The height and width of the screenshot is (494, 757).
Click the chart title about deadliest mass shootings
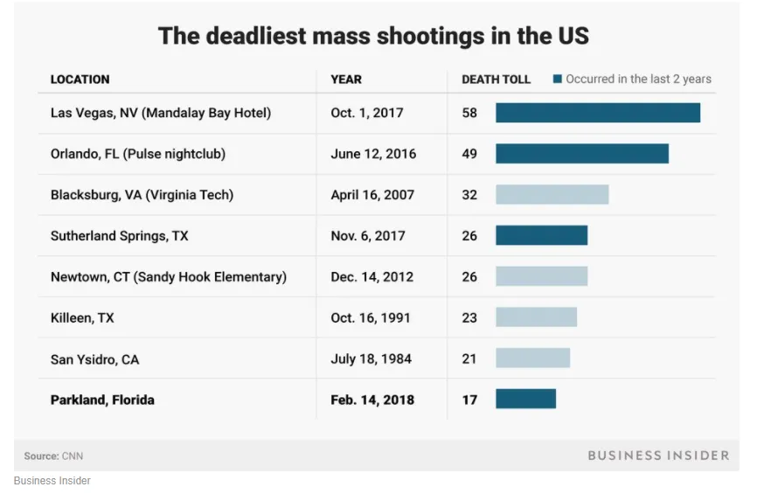point(373,36)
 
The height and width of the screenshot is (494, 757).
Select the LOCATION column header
point(80,80)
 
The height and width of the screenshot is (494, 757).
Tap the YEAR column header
point(346,80)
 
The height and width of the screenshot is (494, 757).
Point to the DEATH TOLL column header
point(496,80)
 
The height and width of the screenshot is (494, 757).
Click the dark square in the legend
point(557,80)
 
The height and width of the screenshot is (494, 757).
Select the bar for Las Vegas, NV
point(597,113)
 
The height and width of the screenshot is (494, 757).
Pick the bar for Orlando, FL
point(581,154)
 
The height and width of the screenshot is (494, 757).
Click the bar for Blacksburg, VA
point(552,195)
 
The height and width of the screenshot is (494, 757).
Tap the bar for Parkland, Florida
point(525,400)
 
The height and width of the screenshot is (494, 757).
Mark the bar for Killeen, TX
point(536,317)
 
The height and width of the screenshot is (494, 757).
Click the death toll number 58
point(469,113)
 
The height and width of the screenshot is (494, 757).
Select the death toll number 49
point(469,154)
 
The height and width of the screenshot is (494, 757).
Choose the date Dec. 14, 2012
point(372,277)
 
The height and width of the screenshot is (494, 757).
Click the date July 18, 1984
point(371,358)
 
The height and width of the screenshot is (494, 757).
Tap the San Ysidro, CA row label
point(94,358)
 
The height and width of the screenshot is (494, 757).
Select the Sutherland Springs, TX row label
point(119,236)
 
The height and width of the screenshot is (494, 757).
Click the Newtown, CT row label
point(168,277)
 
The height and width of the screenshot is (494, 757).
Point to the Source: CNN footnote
point(53,456)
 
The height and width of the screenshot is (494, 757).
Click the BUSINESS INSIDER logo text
point(657,456)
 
